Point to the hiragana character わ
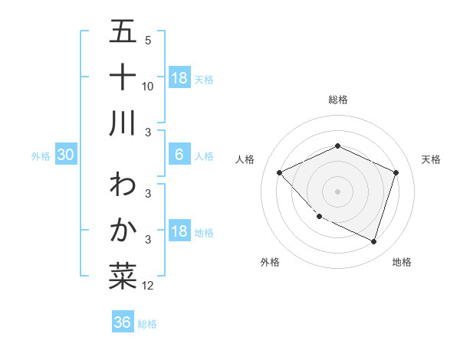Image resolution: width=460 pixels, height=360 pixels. pos(123,186)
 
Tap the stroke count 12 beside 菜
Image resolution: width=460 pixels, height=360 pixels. pos(148,286)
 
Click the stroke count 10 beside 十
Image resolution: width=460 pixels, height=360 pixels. pos(148,86)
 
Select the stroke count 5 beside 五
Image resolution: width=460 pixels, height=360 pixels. pos(148,41)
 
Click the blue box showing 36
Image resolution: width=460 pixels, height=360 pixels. pos(122,322)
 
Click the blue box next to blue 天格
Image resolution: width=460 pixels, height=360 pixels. pos(179,78)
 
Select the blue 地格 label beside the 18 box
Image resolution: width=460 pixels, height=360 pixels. pos(205,233)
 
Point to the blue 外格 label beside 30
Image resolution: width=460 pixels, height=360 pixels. pos(41,156)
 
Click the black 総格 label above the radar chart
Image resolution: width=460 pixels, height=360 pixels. pos(337,100)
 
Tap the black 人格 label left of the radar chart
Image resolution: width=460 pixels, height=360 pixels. pos(245,159)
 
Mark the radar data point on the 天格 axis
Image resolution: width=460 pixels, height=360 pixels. pos(396,172)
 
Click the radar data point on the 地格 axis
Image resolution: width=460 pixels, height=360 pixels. pos(373,241)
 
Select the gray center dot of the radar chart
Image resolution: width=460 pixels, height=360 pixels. pos(337,191)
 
